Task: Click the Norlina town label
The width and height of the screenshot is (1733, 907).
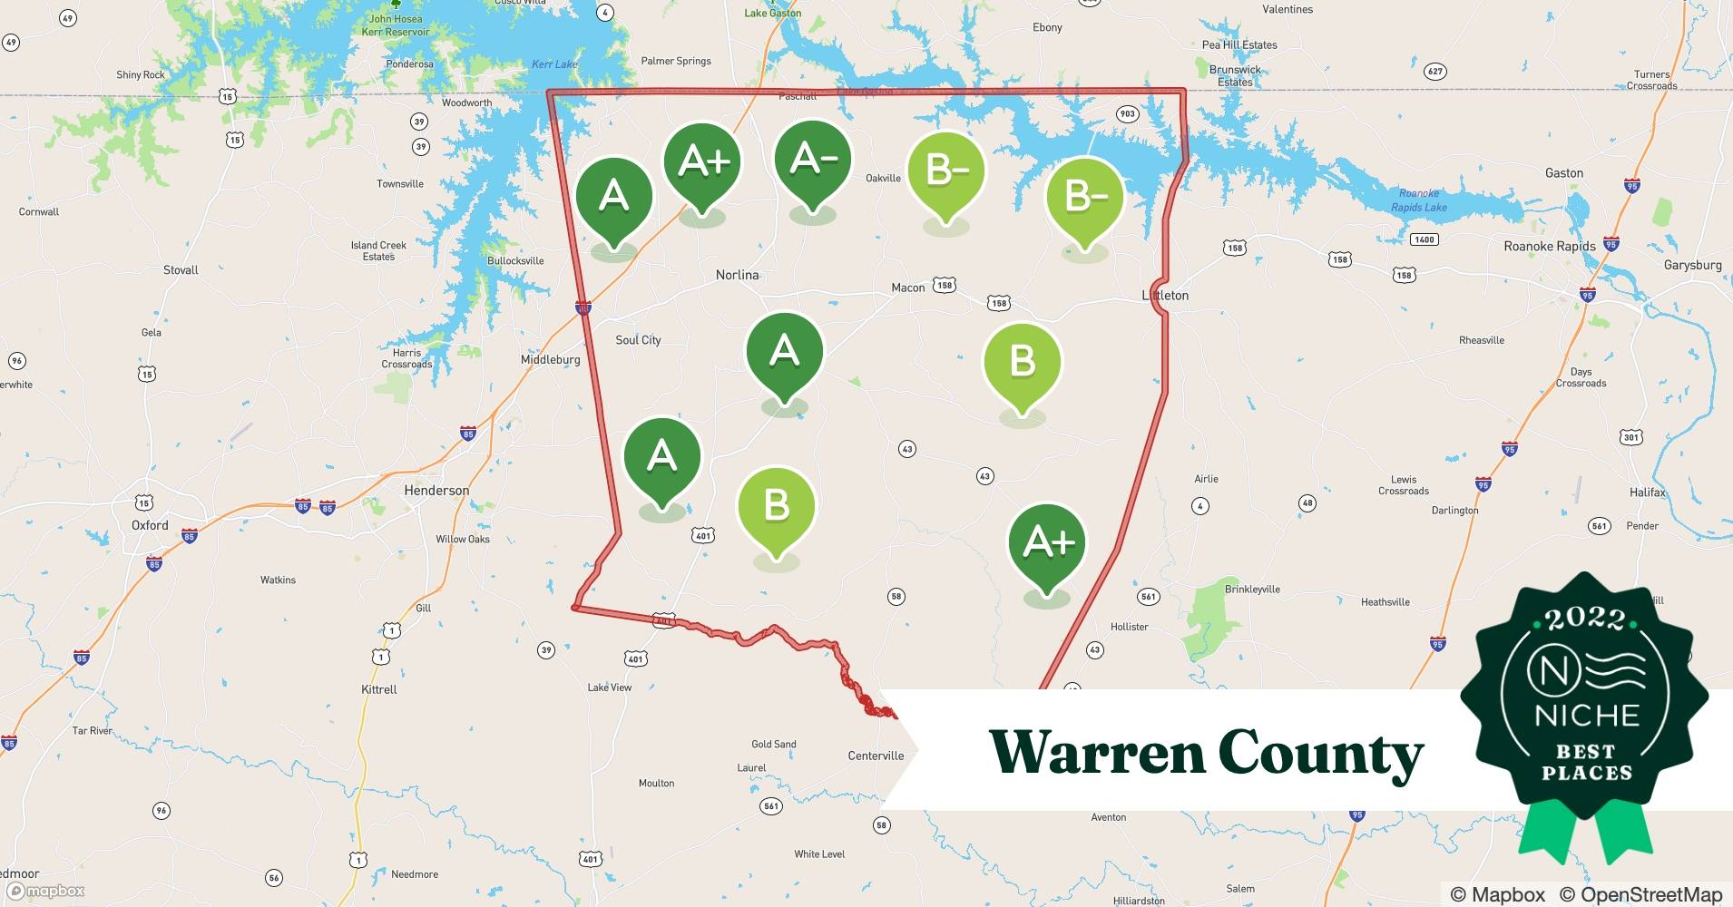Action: pyautogui.click(x=737, y=275)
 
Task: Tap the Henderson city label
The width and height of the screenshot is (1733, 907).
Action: pyautogui.click(x=436, y=491)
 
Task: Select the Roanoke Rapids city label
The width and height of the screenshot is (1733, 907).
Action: pyautogui.click(x=1550, y=247)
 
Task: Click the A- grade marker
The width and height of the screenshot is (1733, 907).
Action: pyautogui.click(x=813, y=161)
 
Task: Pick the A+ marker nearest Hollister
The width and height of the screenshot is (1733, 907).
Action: pyautogui.click(x=1046, y=544)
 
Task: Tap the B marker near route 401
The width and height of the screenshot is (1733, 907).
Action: pyautogui.click(x=776, y=506)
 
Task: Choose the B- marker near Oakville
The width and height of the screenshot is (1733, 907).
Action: pyautogui.click(x=945, y=171)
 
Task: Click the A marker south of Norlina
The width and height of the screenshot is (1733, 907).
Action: pyautogui.click(x=784, y=353)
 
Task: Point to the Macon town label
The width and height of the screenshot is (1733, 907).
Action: pyautogui.click(x=907, y=288)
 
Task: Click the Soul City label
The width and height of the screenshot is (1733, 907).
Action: pyautogui.click(x=638, y=340)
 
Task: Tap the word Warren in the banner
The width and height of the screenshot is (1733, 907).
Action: pyautogui.click(x=1095, y=753)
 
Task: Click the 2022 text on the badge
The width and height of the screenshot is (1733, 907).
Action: pyautogui.click(x=1585, y=619)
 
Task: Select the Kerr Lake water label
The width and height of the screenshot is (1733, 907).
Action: pyautogui.click(x=553, y=64)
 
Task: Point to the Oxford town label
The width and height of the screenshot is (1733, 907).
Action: pyautogui.click(x=150, y=525)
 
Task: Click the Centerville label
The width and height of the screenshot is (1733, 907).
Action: pyautogui.click(x=876, y=756)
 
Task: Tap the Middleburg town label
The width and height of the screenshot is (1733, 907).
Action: pyautogui.click(x=550, y=360)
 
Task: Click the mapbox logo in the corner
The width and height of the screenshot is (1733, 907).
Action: pyautogui.click(x=45, y=891)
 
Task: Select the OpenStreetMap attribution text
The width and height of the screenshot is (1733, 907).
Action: pyautogui.click(x=1640, y=894)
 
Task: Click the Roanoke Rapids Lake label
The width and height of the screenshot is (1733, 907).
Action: pyautogui.click(x=1419, y=200)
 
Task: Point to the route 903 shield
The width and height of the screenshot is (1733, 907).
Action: pyautogui.click(x=1127, y=114)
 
